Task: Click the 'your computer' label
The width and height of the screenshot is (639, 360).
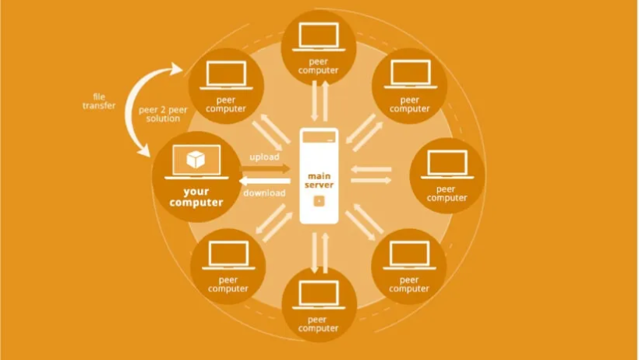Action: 196,197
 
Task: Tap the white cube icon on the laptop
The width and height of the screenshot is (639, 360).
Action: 196,160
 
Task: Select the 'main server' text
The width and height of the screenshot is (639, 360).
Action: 319,181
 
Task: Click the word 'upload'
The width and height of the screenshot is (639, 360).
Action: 264,157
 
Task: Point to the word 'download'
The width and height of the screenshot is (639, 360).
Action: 264,192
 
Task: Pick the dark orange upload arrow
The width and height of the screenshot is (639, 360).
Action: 265,168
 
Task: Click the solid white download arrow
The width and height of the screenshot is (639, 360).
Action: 265,181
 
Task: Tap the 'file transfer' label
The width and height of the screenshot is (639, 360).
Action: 99,101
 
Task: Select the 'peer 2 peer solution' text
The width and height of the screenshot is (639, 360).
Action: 163,115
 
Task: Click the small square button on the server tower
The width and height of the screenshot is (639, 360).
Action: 319,201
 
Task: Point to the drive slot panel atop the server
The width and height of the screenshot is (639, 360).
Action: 319,137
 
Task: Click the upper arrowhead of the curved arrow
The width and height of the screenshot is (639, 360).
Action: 177,69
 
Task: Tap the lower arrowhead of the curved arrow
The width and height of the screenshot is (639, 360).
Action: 144,150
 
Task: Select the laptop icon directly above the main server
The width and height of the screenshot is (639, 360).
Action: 319,37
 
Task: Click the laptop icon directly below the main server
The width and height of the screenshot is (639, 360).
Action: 319,295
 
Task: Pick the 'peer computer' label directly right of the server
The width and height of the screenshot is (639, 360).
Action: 447,194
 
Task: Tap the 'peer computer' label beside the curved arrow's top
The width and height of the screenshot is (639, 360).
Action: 226,104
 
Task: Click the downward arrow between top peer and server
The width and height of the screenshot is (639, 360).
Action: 314,101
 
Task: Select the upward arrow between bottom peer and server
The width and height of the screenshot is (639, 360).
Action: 325,252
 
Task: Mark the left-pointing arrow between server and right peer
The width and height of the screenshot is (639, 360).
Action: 371,169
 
